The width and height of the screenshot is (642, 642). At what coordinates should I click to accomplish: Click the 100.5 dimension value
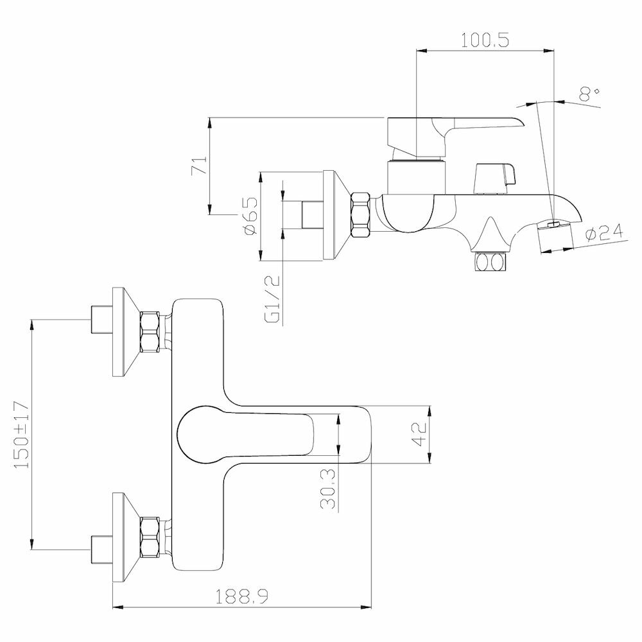485,40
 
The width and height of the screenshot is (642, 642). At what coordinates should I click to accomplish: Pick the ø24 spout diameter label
605,234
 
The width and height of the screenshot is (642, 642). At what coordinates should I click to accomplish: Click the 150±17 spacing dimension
22,435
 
